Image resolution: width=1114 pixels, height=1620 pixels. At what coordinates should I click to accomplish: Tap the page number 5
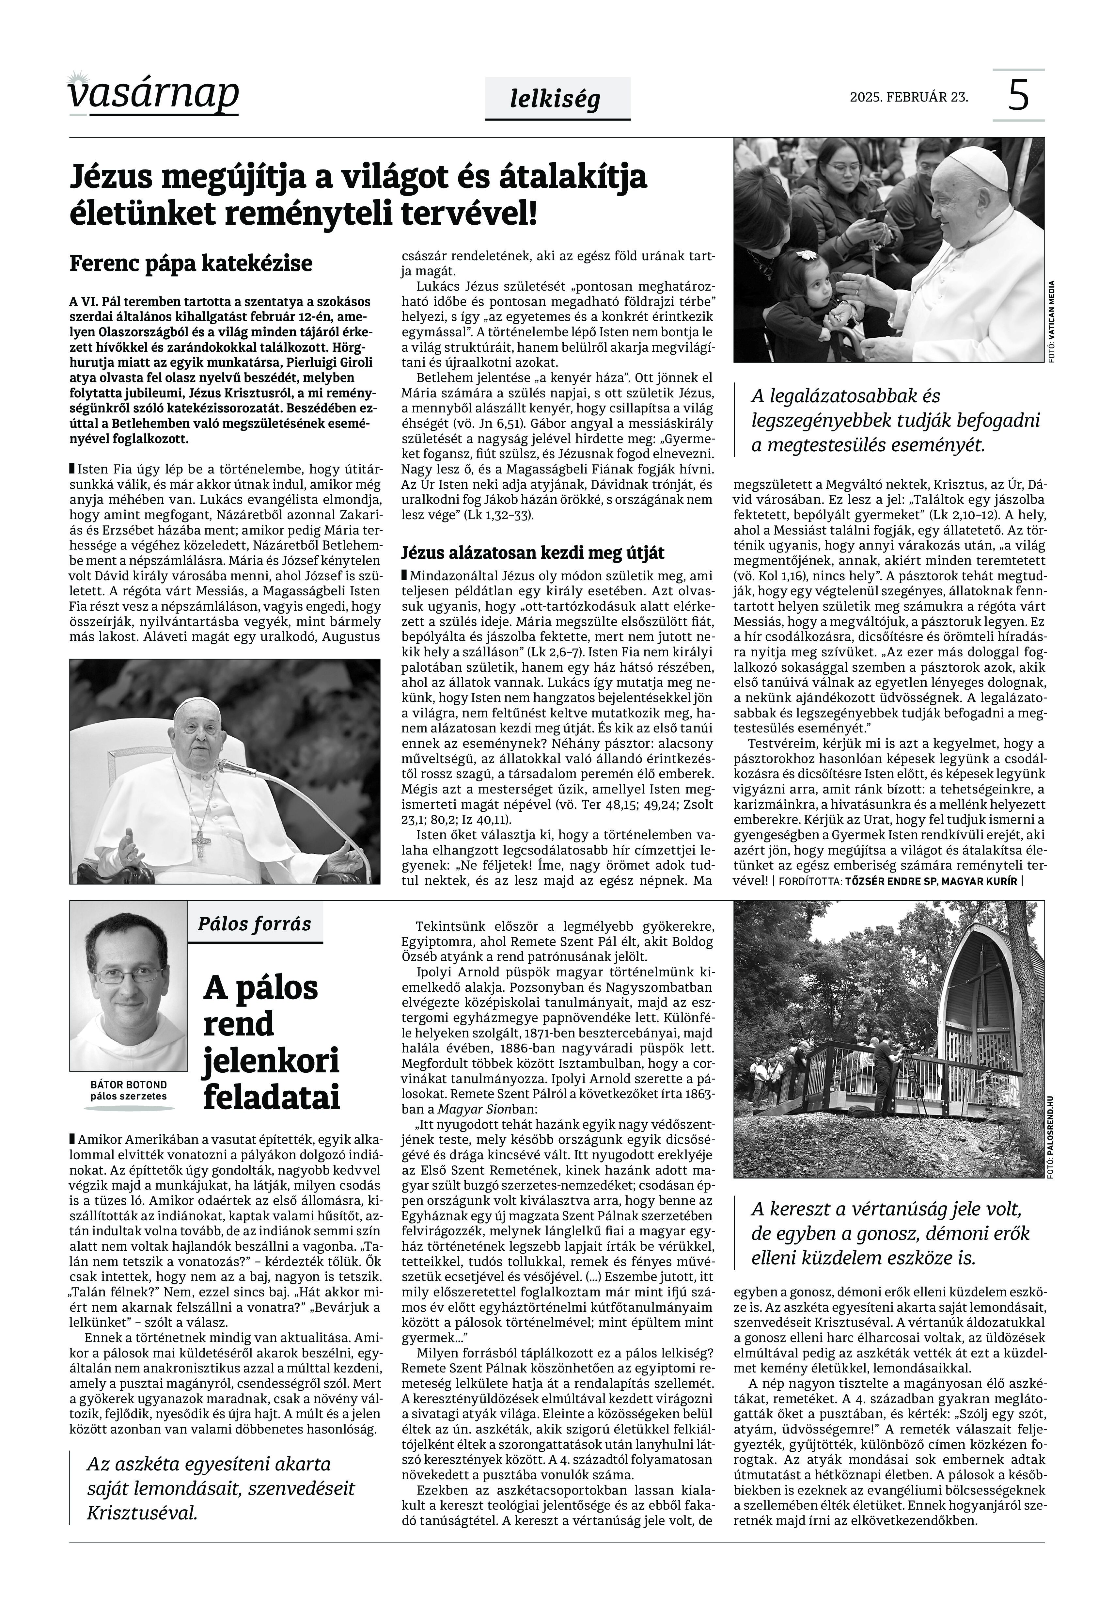coord(1018,96)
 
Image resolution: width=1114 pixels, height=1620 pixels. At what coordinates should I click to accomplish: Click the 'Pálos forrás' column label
coord(254,924)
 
